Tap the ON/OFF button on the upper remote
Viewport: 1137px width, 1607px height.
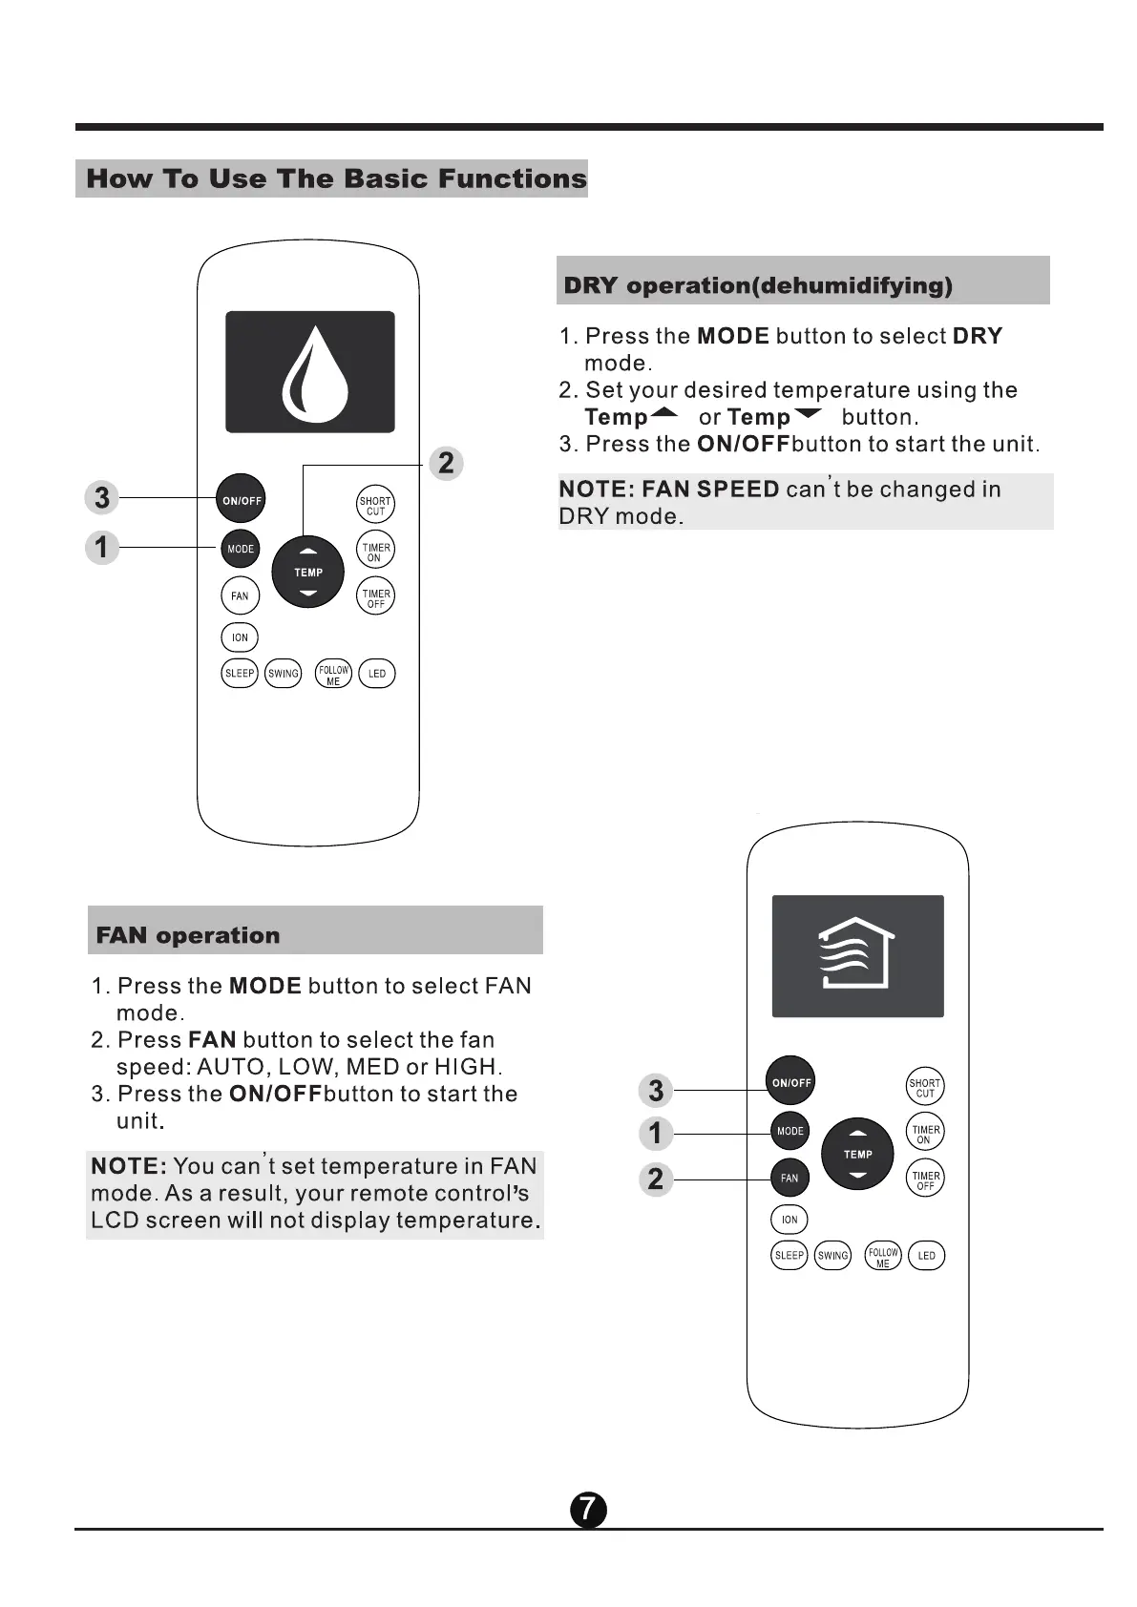(x=242, y=500)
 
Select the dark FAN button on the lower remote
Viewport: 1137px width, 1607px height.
(x=790, y=1178)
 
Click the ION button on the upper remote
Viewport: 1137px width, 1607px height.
(x=240, y=637)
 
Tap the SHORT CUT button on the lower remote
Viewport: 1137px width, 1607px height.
(x=924, y=1088)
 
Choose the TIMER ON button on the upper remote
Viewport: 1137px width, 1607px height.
(x=375, y=553)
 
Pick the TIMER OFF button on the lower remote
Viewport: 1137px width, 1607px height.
(x=925, y=1180)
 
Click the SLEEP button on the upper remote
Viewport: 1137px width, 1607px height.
(x=240, y=674)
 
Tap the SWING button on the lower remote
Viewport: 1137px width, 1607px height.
(x=832, y=1256)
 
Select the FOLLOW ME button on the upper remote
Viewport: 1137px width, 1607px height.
(x=333, y=675)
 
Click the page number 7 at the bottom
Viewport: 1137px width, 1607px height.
(x=588, y=1510)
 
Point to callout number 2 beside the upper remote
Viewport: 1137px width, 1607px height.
(x=446, y=464)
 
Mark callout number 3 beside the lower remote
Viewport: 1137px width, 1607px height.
(x=656, y=1090)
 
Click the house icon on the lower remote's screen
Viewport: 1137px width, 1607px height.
(x=856, y=953)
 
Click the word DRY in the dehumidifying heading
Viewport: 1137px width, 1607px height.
(x=591, y=285)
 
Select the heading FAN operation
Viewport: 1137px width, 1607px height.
(x=188, y=935)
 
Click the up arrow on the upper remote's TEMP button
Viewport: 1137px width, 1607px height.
(x=307, y=552)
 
